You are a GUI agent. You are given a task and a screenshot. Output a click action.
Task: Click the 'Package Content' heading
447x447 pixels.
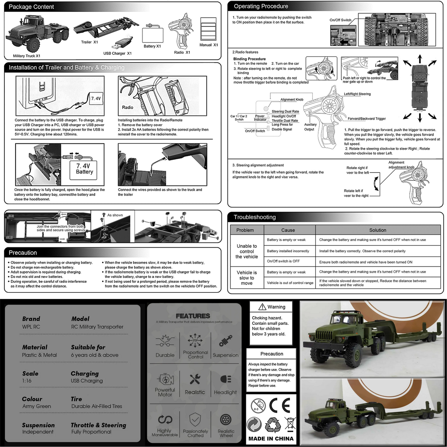(31, 7)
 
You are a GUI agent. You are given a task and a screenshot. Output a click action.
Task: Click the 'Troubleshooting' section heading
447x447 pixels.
(255, 217)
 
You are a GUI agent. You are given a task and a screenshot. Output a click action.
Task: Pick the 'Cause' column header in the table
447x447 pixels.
(288, 230)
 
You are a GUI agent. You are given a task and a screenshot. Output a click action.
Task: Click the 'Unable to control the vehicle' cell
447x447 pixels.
(247, 251)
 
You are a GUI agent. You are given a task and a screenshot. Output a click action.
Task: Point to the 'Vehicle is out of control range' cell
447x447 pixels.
(290, 283)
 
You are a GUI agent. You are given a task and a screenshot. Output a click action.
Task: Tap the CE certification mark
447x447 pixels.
(279, 405)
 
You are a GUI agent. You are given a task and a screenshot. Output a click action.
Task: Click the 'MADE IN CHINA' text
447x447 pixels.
(271, 438)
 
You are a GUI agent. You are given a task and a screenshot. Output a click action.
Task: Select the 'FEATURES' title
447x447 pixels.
(193, 316)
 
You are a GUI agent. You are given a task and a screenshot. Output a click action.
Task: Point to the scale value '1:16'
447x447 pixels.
(27, 381)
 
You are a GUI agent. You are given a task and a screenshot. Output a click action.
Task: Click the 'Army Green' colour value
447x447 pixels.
(37, 406)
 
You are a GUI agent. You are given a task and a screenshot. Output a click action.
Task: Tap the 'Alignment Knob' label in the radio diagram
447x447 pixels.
(292, 99)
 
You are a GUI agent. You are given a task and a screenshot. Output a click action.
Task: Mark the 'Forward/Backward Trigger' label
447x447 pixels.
(367, 118)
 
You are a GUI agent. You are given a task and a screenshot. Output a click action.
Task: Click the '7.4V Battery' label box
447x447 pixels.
(85, 169)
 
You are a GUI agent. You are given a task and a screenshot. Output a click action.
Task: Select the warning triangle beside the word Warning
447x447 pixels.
(263, 307)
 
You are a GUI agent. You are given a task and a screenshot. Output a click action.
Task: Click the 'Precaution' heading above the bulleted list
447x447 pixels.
(23, 253)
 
